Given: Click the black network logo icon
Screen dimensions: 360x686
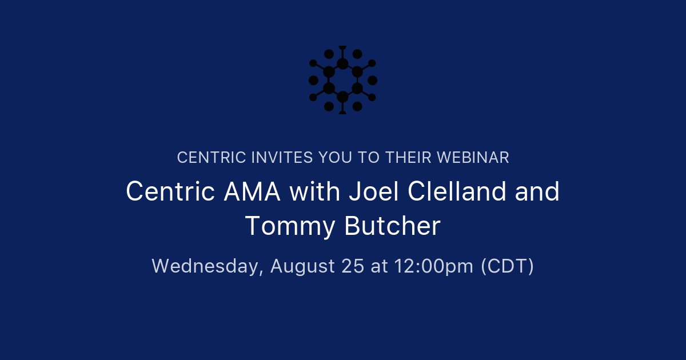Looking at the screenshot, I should tap(342, 80).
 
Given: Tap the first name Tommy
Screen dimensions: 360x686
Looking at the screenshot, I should tap(290, 226).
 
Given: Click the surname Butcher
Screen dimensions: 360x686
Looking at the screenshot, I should tap(392, 226).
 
